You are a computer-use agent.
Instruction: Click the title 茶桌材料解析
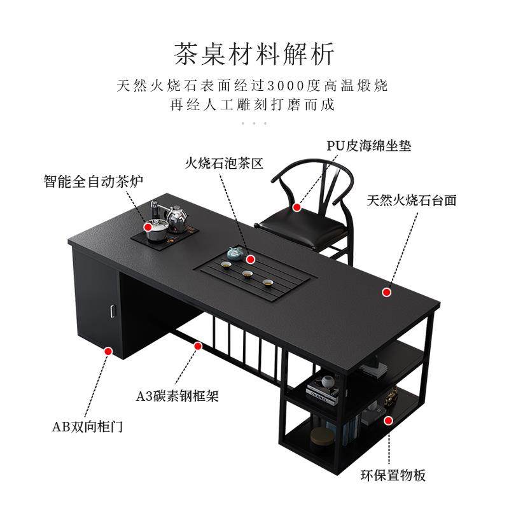[254, 53]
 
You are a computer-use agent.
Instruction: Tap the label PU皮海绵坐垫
[369, 146]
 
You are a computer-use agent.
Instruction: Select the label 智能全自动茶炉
[94, 181]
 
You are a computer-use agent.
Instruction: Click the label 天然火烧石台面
[412, 200]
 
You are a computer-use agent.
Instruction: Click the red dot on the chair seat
[297, 207]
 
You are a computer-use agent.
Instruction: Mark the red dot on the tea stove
[148, 226]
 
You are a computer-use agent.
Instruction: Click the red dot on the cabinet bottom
[108, 351]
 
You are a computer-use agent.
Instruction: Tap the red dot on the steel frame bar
[198, 346]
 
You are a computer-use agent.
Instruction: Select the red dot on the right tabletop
[386, 292]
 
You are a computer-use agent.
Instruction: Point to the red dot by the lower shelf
[387, 420]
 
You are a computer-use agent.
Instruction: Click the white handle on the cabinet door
[112, 310]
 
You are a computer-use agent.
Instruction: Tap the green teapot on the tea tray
[234, 254]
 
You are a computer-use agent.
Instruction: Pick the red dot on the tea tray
[251, 260]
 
